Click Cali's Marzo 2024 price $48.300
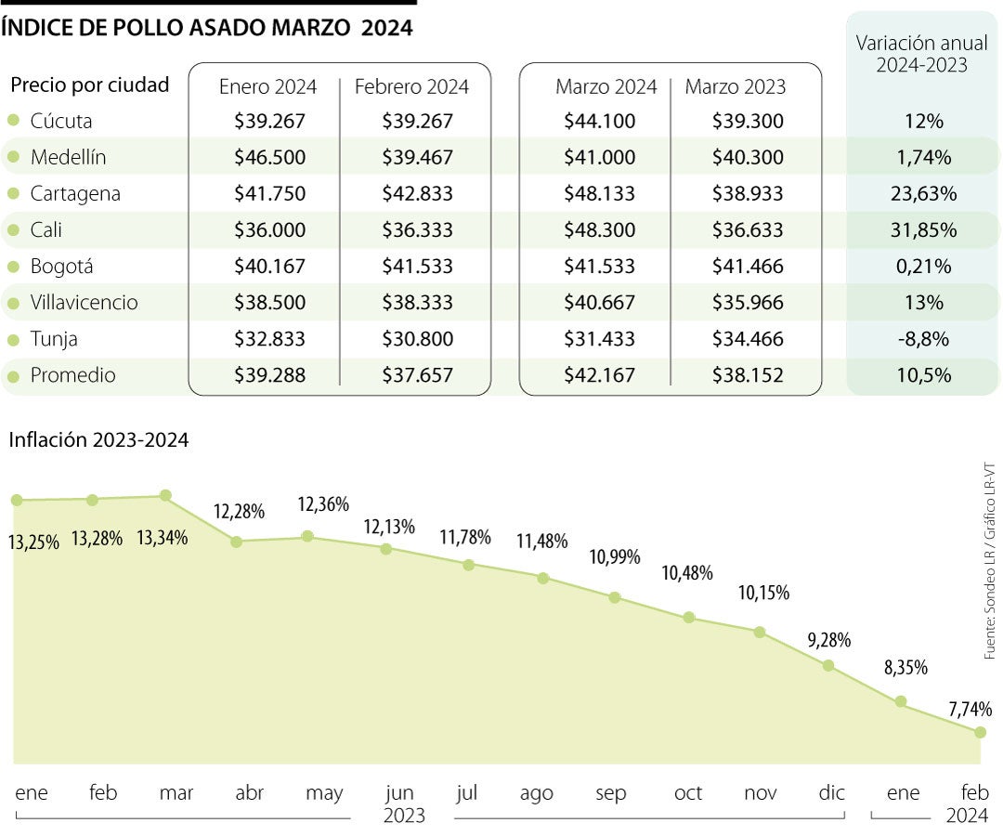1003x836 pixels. [x=599, y=230]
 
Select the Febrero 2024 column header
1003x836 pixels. [x=411, y=87]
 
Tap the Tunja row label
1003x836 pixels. [x=54, y=339]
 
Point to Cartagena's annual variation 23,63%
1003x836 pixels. [x=921, y=194]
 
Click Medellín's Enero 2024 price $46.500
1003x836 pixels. [x=269, y=158]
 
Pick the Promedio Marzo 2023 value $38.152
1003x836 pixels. [x=748, y=375]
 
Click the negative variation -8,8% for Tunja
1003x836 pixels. [x=922, y=339]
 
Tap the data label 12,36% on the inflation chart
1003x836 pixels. [x=323, y=504]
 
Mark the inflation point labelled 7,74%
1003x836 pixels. [x=980, y=732]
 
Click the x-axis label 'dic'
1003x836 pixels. [x=832, y=793]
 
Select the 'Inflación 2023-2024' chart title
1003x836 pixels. [x=98, y=440]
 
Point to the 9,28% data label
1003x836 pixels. [x=829, y=640]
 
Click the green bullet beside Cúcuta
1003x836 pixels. [x=13, y=121]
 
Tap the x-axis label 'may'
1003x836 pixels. [x=324, y=793]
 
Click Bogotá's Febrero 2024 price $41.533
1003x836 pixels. [x=417, y=267]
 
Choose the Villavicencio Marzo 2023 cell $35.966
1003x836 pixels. [x=748, y=303]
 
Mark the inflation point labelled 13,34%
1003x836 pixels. [x=165, y=496]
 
